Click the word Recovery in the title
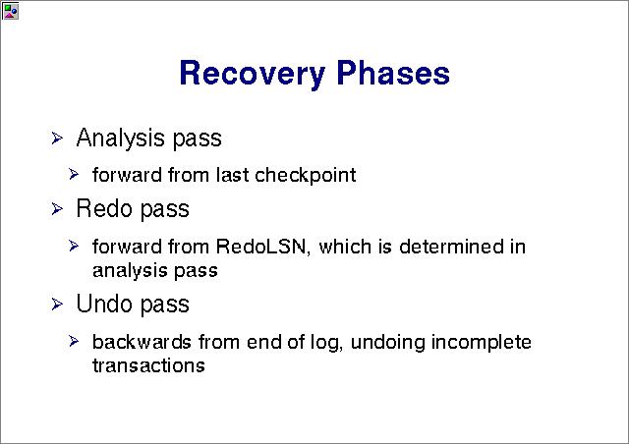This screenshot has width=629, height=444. (252, 74)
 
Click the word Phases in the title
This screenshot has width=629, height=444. (393, 72)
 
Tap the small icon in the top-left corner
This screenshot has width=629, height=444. (10, 11)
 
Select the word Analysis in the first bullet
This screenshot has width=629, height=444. (120, 139)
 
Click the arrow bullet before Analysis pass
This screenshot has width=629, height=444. (57, 139)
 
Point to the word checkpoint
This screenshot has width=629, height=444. (305, 175)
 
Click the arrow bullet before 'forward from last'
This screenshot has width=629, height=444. (74, 175)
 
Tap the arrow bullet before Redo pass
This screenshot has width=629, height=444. (57, 209)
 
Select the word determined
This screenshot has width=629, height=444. (451, 247)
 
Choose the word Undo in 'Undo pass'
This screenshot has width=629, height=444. (104, 304)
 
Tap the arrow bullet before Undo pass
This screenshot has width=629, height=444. (57, 305)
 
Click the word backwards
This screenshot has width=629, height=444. (142, 342)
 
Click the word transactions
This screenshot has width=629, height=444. (148, 365)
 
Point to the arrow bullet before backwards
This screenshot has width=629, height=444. (74, 341)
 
